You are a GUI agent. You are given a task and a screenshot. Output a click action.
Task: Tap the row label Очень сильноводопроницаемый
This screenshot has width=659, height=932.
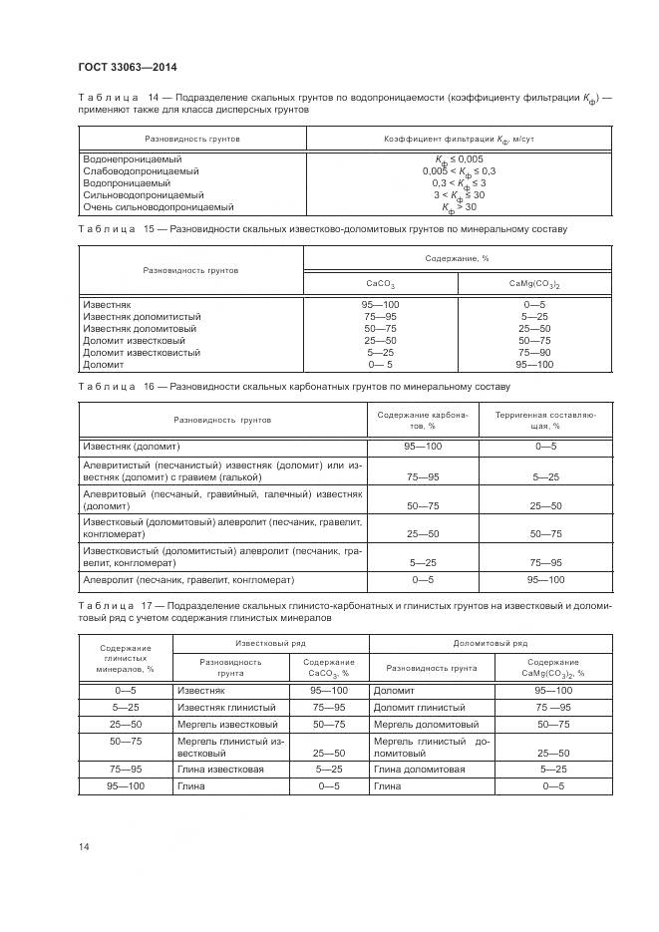tap(159, 207)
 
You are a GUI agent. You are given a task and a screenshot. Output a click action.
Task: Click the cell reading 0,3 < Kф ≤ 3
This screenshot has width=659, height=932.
tap(459, 183)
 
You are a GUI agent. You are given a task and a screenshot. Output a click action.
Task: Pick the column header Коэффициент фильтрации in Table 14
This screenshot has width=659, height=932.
tap(459, 140)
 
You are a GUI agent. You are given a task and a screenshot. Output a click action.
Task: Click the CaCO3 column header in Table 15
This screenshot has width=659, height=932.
tap(380, 283)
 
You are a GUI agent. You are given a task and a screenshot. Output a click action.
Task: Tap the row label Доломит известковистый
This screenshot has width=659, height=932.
tap(142, 352)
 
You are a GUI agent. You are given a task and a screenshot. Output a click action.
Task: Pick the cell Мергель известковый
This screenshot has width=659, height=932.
tap(226, 725)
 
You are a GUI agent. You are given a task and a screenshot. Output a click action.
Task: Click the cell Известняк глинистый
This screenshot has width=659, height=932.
tap(220, 707)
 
